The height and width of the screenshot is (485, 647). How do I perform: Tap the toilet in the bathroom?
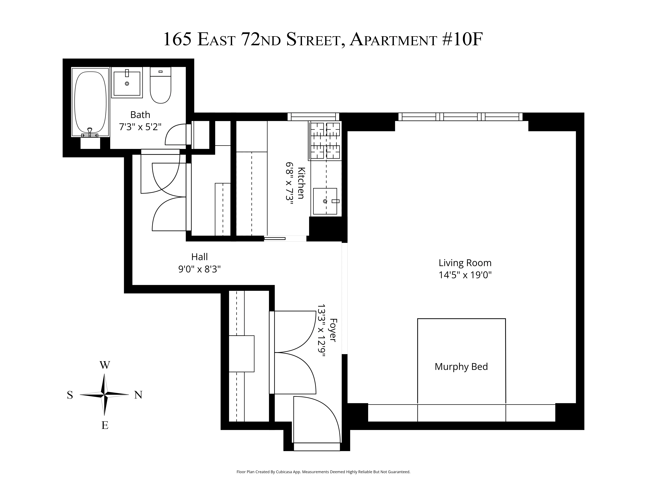(160, 86)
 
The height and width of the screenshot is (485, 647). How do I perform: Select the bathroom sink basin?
(127, 83)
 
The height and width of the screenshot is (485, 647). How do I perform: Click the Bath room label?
(140, 115)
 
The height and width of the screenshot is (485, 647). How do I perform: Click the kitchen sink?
(325, 201)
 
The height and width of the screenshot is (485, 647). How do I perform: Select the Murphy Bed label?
(461, 367)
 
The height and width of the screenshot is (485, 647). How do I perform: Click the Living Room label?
(465, 263)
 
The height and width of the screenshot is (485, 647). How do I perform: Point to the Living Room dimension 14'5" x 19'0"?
(465, 275)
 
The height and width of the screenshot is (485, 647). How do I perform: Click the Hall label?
(199, 257)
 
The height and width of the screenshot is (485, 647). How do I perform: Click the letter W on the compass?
(105, 365)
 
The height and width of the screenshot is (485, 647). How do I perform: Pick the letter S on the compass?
(70, 395)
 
